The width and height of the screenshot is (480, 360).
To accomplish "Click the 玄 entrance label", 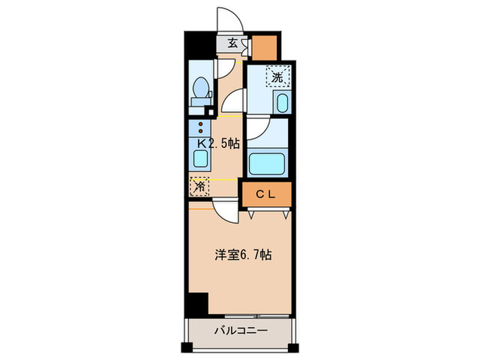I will click(x=232, y=43).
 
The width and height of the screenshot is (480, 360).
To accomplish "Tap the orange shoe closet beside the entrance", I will click(x=265, y=47).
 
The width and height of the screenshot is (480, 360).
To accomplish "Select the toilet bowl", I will click(x=200, y=88).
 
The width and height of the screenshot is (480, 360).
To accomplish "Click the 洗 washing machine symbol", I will click(x=277, y=77).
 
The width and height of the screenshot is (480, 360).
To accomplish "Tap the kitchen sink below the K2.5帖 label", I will click(x=200, y=160).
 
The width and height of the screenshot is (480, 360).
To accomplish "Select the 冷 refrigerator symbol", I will click(x=200, y=185).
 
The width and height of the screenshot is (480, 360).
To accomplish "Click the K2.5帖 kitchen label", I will click(x=218, y=144).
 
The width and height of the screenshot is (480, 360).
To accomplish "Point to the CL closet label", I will click(x=265, y=194).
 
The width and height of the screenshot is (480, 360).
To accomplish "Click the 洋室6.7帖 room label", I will click(x=242, y=254).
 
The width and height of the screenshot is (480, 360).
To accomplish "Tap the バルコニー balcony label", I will click(x=241, y=331).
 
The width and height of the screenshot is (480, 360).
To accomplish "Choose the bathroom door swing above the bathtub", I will click(x=257, y=128).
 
